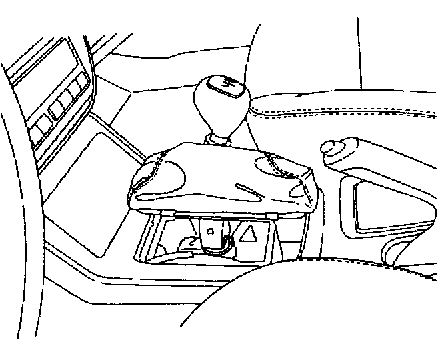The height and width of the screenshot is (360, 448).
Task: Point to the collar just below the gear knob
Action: (219, 139)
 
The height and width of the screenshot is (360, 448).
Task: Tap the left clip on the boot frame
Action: (169, 213)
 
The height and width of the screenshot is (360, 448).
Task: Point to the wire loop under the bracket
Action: (217, 247)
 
